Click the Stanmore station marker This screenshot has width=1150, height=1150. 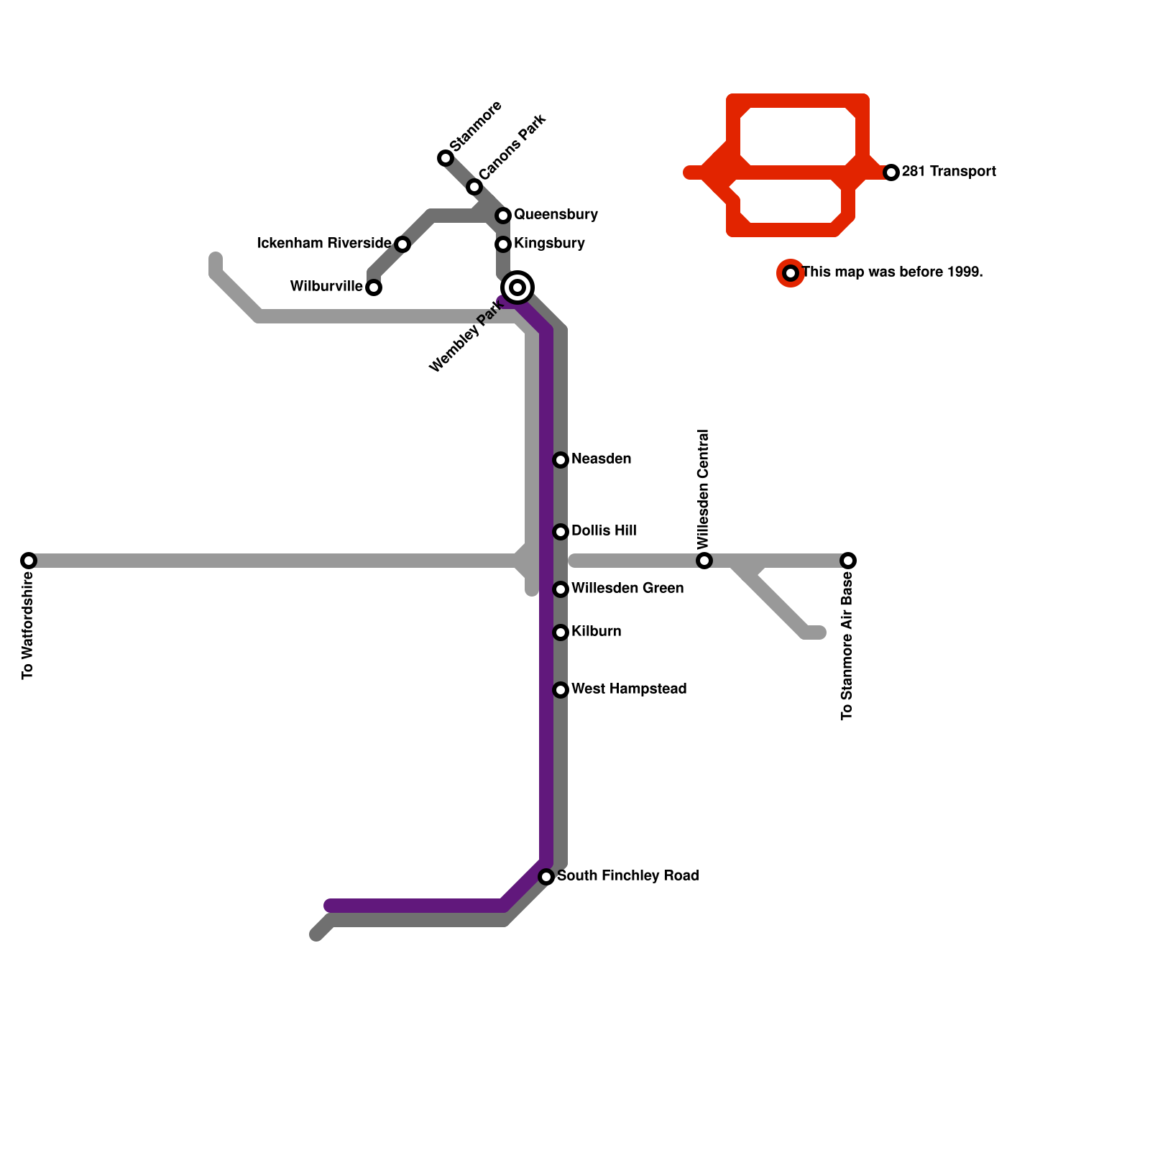pyautogui.click(x=446, y=158)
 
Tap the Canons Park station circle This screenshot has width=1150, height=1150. pyautogui.click(x=474, y=187)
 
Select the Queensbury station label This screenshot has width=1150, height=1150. pyautogui.click(x=556, y=215)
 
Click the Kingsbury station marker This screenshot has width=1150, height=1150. pyautogui.click(x=503, y=244)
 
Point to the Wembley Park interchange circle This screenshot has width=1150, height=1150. pyautogui.click(x=517, y=287)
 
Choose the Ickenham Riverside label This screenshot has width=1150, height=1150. pyautogui.click(x=324, y=244)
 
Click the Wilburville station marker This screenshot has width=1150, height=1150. pyautogui.click(x=374, y=287)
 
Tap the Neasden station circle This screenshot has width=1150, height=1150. pyautogui.click(x=561, y=460)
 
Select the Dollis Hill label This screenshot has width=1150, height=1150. pyautogui.click(x=604, y=531)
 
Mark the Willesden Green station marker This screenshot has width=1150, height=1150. pyautogui.click(x=561, y=589)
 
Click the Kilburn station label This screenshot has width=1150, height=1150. pyautogui.click(x=596, y=632)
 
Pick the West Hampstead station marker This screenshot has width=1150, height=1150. pyautogui.click(x=561, y=690)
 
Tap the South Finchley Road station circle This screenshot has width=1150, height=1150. pyautogui.click(x=546, y=877)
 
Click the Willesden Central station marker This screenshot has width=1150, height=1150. pyautogui.click(x=704, y=561)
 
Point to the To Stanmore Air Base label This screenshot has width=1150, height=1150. pyautogui.click(x=847, y=645)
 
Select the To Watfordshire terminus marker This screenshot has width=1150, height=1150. pyautogui.click(x=29, y=561)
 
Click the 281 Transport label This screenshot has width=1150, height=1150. pyautogui.click(x=949, y=172)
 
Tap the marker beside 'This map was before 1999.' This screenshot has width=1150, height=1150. pyautogui.click(x=791, y=273)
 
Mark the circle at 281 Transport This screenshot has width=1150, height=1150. pyautogui.click(x=891, y=172)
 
